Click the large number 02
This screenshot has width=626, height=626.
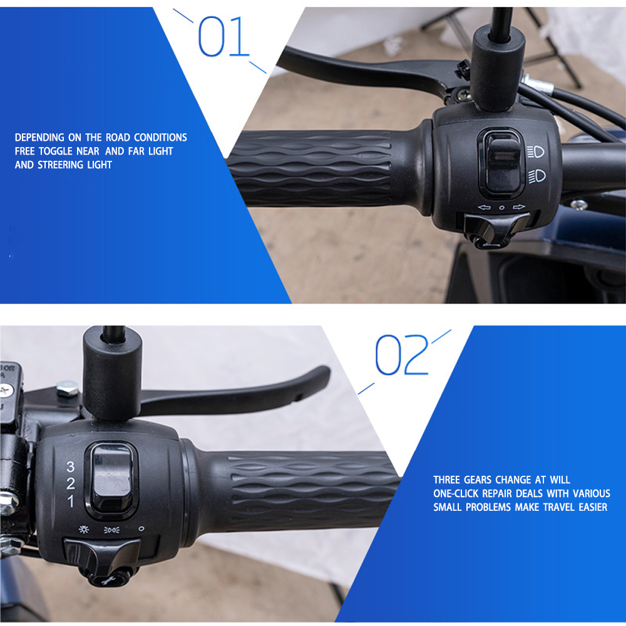(402, 354)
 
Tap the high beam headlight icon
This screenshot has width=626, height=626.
(536, 151)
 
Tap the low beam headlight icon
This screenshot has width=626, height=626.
(537, 176)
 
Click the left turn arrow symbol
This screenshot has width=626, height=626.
(484, 207)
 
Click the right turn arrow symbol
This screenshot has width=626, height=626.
(519, 207)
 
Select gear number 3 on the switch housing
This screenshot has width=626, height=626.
(71, 466)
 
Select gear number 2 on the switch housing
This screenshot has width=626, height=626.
(71, 483)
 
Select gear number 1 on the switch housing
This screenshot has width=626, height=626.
(71, 501)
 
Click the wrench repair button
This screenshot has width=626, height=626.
(108, 579)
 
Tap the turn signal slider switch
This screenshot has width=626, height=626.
(496, 228)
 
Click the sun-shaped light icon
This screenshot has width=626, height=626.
(84, 530)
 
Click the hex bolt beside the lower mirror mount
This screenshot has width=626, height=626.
(68, 388)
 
